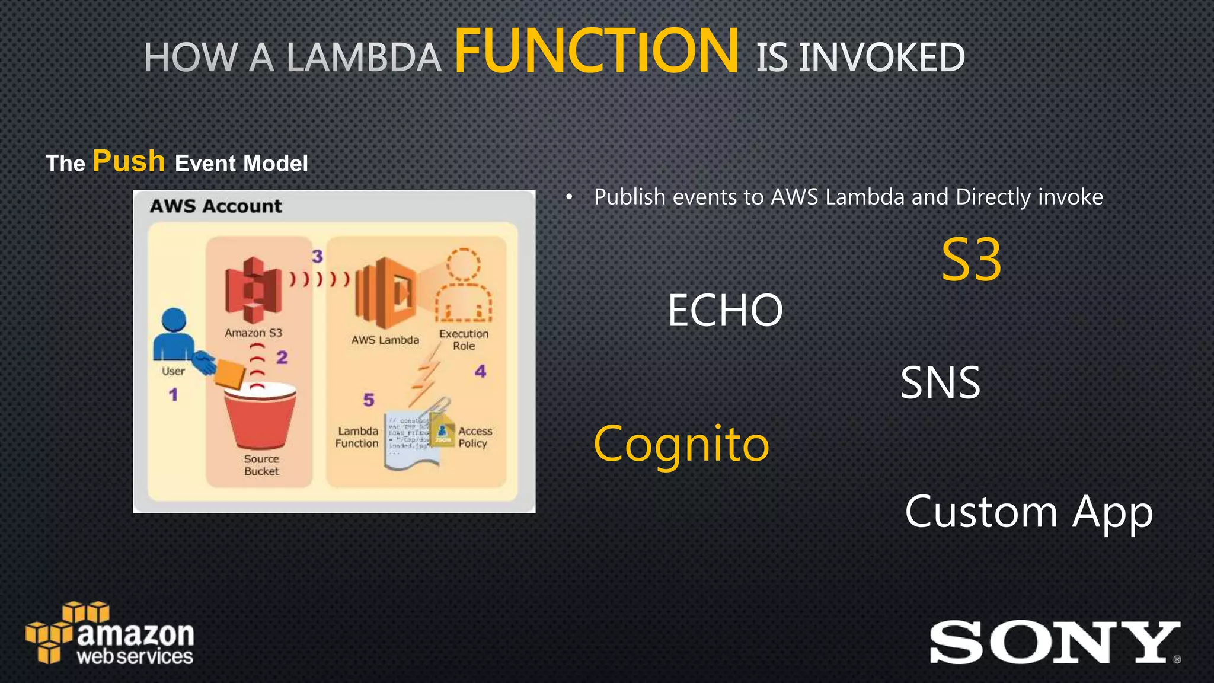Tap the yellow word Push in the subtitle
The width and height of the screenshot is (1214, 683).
point(129,161)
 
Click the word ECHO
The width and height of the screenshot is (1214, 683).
point(725,310)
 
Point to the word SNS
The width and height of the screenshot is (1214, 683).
point(940,383)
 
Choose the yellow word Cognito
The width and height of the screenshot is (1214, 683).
point(681,444)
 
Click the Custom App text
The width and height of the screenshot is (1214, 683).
point(1028,512)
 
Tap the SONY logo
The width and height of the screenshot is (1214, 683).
point(1054,643)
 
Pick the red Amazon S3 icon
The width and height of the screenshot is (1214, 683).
point(253,291)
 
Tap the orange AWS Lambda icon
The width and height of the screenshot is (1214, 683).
point(386,293)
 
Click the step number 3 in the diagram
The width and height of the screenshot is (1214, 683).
point(318,256)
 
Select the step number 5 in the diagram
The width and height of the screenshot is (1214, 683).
point(369,400)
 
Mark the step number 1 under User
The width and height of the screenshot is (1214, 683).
point(173,394)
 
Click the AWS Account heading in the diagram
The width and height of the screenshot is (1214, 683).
point(216,206)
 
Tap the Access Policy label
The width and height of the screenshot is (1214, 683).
point(475,437)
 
